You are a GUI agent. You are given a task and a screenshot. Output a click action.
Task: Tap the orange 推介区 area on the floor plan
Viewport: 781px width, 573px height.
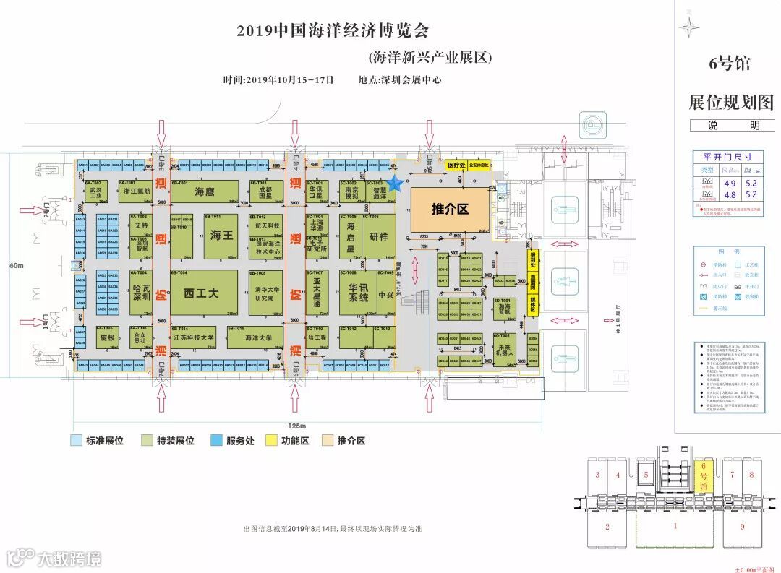tap(450, 210)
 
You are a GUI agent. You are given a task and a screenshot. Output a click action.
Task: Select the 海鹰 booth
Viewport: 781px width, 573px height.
tap(205, 192)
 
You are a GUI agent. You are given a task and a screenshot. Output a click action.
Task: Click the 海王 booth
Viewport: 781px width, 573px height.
tap(221, 236)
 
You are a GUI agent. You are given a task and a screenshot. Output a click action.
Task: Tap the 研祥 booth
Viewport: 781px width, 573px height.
tap(378, 236)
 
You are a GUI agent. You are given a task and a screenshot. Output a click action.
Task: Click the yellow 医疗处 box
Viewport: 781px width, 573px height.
tap(456, 165)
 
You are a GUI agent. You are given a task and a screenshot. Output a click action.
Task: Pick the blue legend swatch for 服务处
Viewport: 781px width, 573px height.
tap(216, 440)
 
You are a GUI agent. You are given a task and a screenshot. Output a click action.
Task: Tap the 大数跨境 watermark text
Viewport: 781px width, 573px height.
tap(69, 558)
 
